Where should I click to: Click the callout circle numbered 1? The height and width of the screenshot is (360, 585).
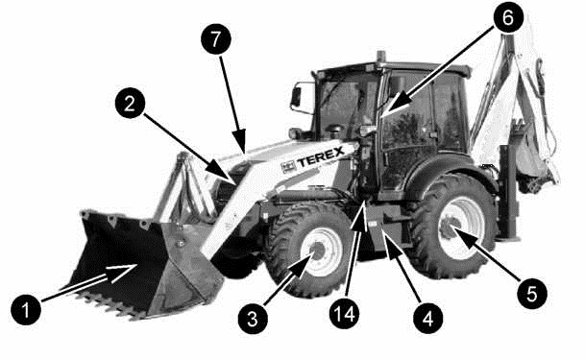[26, 309]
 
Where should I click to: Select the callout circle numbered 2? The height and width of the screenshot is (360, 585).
[130, 104]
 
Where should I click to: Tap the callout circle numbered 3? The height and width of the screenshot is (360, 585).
[253, 319]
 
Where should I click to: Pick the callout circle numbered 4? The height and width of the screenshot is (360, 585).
[427, 318]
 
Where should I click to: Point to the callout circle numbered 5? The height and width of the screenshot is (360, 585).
[532, 294]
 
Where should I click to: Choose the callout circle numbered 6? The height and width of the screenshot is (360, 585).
[508, 17]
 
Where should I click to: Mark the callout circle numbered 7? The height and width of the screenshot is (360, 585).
[216, 38]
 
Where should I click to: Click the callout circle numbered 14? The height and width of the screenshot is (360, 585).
[344, 314]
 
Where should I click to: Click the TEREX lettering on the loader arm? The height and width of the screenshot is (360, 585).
[320, 156]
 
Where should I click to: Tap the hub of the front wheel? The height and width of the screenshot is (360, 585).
[318, 250]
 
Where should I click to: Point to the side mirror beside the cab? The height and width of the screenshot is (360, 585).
[296, 97]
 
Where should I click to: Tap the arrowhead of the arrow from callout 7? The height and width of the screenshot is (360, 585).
[239, 141]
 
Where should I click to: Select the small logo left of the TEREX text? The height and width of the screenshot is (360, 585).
[288, 167]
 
